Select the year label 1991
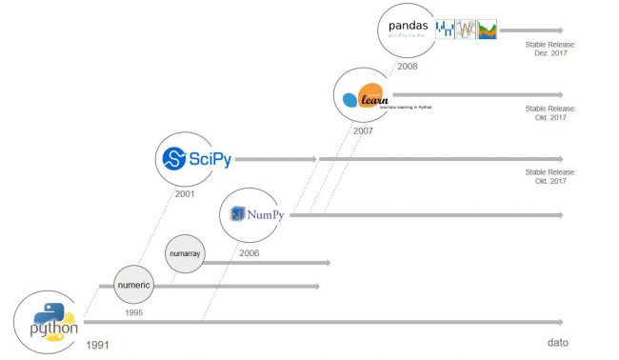click(99, 344)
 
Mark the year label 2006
click(249, 253)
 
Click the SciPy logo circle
click(195, 158)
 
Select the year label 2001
click(186, 194)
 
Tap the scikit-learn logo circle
click(363, 96)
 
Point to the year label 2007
click(363, 130)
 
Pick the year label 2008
click(407, 66)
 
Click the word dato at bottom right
click(558, 342)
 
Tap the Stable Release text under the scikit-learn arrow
click(547, 112)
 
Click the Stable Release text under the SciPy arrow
click(547, 176)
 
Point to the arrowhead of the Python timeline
click(560, 323)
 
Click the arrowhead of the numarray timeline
click(327, 262)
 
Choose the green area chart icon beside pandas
click(488, 30)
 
